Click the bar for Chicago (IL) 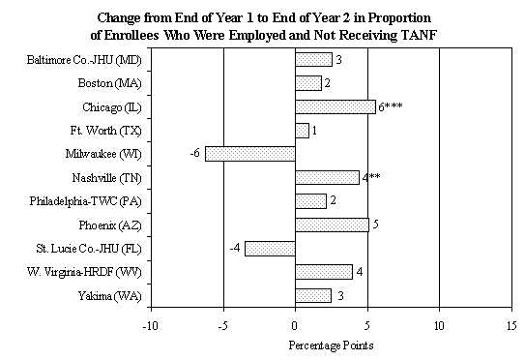[x=335, y=106]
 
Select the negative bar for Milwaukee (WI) [x=249, y=153]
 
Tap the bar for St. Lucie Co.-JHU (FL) [x=270, y=248]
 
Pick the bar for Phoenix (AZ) [x=332, y=225]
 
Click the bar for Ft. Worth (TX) [x=302, y=130]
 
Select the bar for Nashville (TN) [x=327, y=177]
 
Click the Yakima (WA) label [x=106, y=295]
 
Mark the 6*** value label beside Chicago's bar [x=391, y=106]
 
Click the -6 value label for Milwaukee [x=194, y=153]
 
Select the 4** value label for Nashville [x=371, y=177]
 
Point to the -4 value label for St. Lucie [x=234, y=248]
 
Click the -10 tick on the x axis [x=150, y=325]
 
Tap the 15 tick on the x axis [x=511, y=325]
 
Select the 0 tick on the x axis [x=295, y=325]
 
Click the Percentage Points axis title [x=331, y=345]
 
